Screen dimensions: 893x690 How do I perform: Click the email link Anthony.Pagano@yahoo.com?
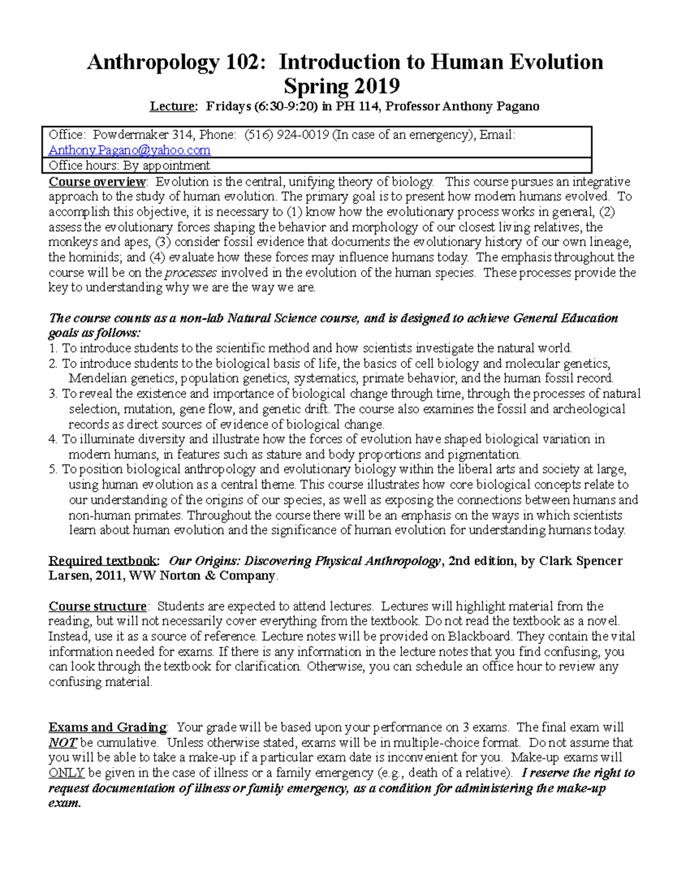coord(129,150)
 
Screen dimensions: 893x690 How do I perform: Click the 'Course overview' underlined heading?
coord(97,182)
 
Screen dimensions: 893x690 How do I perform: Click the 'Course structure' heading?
coord(97,607)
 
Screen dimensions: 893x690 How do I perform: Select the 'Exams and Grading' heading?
coord(108,727)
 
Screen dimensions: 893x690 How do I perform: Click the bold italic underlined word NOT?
coord(62,743)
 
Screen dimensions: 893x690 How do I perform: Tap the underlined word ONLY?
coord(66,773)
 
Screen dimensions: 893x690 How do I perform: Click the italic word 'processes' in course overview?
coord(191,273)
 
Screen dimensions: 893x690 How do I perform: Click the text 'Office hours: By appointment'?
coord(129,166)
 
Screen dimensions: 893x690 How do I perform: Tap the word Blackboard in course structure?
coord(479,637)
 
